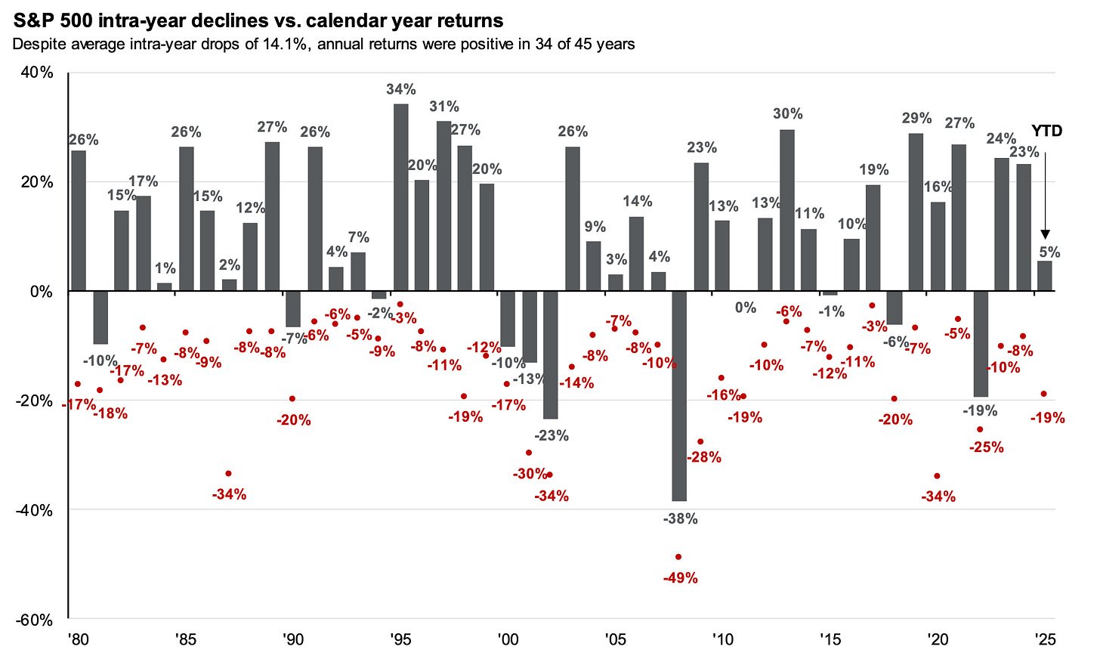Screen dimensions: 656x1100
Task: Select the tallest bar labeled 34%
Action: (x=401, y=196)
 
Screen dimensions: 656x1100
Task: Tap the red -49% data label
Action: (x=680, y=578)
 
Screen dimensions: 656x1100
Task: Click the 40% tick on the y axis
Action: (x=36, y=73)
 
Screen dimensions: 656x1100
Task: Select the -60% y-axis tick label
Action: (x=33, y=620)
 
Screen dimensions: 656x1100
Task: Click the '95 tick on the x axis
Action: (x=400, y=639)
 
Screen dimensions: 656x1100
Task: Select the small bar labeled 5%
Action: (x=1045, y=276)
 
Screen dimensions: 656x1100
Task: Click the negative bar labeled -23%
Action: (x=551, y=354)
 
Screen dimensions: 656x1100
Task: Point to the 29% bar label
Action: (x=916, y=118)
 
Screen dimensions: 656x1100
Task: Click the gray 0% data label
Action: (x=746, y=307)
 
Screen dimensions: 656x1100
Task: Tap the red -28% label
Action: (x=704, y=457)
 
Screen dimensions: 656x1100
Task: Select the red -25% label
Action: (x=987, y=447)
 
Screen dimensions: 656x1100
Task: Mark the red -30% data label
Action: (x=530, y=474)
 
